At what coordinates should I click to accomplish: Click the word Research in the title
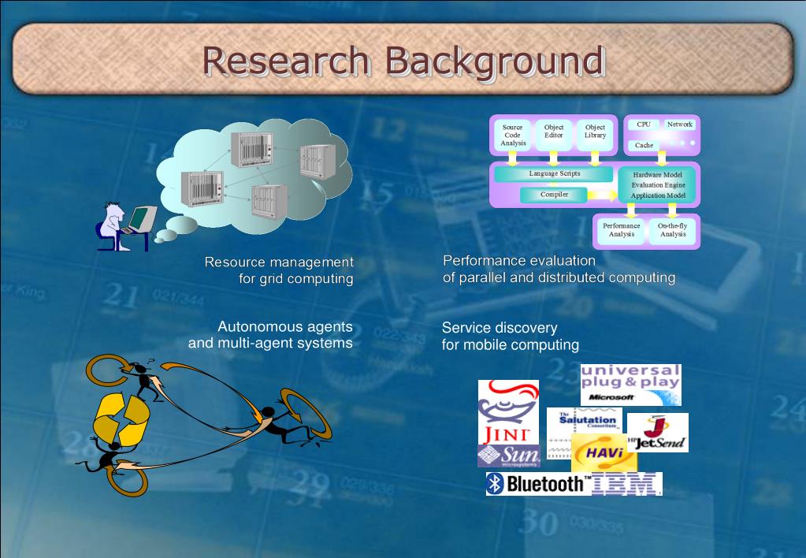click(x=286, y=61)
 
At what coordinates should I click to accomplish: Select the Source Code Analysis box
click(x=513, y=135)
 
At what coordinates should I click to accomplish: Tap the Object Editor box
click(x=554, y=132)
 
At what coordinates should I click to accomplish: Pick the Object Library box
click(x=595, y=132)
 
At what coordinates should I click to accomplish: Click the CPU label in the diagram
click(x=644, y=125)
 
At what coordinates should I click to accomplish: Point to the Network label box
click(x=679, y=125)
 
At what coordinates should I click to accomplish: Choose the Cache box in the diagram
click(x=644, y=145)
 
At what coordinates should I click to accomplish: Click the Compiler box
click(x=554, y=195)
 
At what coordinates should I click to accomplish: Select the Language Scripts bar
click(x=554, y=173)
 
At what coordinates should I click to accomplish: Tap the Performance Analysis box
click(x=622, y=230)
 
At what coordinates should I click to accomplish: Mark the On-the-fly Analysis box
click(x=672, y=230)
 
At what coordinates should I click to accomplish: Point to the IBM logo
click(x=626, y=484)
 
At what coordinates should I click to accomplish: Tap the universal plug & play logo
click(x=630, y=384)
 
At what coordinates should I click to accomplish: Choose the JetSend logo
click(x=657, y=433)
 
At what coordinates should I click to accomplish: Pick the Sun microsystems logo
click(x=509, y=456)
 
